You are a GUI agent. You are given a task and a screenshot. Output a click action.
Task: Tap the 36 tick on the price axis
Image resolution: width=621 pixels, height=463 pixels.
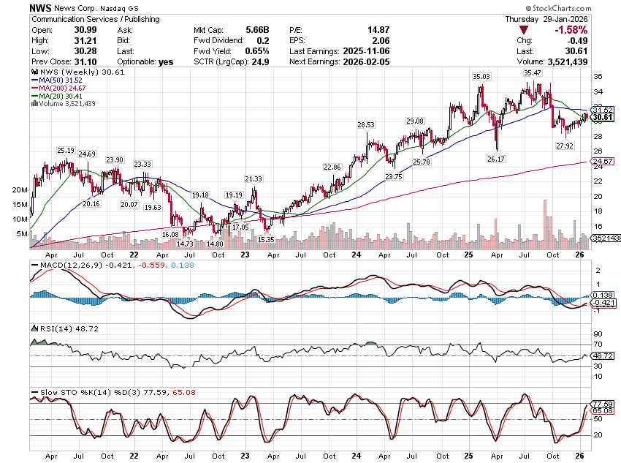pyautogui.click(x=597, y=76)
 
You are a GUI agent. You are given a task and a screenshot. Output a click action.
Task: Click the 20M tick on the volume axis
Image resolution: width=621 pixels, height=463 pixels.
pyautogui.click(x=20, y=189)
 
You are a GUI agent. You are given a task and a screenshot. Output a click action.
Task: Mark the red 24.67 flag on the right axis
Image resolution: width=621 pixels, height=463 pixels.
pyautogui.click(x=602, y=161)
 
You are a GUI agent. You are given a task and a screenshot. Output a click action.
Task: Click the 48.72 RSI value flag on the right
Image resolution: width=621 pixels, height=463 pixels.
pyautogui.click(x=602, y=355)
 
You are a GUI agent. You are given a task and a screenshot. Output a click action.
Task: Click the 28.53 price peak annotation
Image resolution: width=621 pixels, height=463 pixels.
pyautogui.click(x=366, y=125)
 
